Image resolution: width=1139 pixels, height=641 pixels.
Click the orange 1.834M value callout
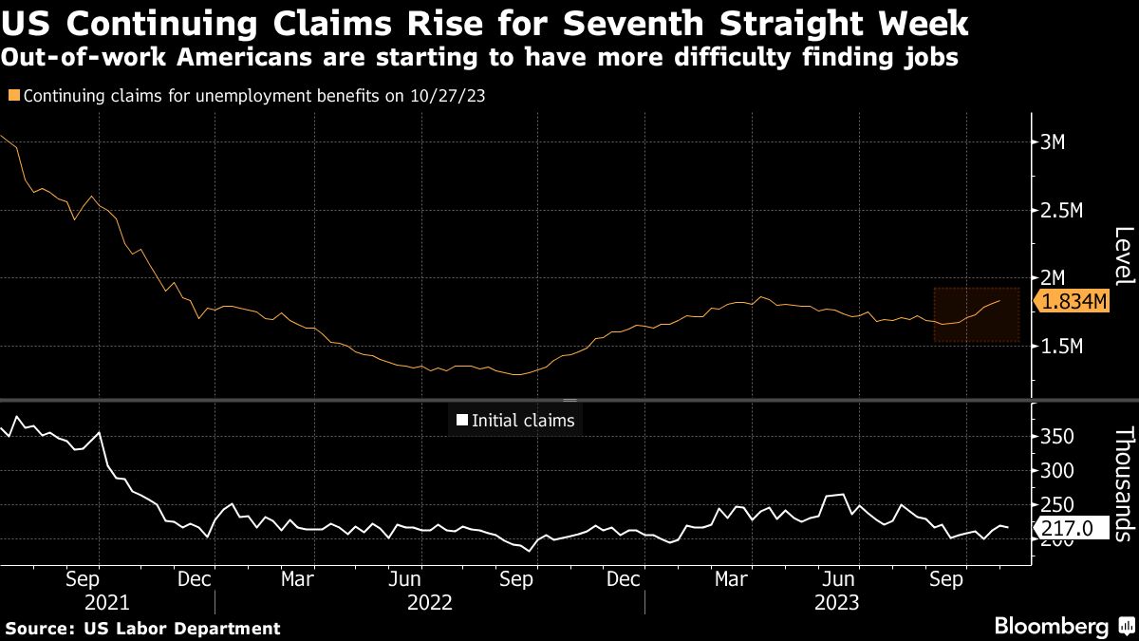[1074, 302]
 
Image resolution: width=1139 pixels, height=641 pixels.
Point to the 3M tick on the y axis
[1054, 142]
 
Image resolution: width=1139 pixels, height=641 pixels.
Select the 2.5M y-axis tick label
[1061, 210]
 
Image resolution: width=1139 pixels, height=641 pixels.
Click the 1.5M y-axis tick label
[1061, 347]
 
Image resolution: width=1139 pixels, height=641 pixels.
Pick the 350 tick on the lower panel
[1055, 437]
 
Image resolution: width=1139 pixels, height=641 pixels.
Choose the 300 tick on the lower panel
[1055, 471]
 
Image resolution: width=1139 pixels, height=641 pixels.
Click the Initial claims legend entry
[515, 421]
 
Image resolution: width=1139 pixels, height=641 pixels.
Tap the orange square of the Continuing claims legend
[12, 96]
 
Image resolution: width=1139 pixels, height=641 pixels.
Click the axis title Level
[1123, 256]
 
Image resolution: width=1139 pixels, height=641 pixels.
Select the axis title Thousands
[1123, 484]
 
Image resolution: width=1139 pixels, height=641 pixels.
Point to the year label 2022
[429, 602]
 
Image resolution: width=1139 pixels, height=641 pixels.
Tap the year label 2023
[835, 602]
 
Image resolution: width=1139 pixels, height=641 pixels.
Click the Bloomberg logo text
[1050, 627]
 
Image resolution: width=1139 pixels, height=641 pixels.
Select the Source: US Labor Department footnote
[143, 628]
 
